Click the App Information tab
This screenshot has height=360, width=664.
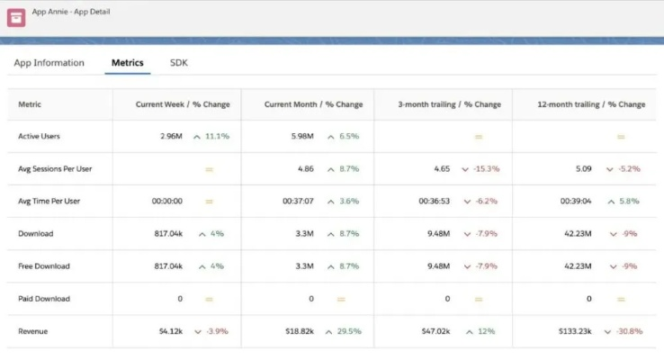coord(49,63)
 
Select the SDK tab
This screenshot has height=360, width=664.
coord(179,63)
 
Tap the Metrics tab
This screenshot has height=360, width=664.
coord(127,63)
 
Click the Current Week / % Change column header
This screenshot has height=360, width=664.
coord(183,104)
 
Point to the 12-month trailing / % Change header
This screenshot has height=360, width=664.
coord(591,104)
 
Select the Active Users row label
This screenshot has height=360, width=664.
coord(39,137)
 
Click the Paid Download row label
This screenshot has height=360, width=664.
coord(44,299)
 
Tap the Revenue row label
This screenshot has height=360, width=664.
coord(33,331)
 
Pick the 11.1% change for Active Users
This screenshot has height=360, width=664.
coord(217,137)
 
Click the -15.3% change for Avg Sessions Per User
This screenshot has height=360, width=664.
coord(486,169)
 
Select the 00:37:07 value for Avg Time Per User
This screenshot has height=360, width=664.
coord(297,202)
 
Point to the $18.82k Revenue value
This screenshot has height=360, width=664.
coord(299,331)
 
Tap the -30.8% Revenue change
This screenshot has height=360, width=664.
coord(630,331)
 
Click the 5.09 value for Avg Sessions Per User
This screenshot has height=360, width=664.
coord(582,169)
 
